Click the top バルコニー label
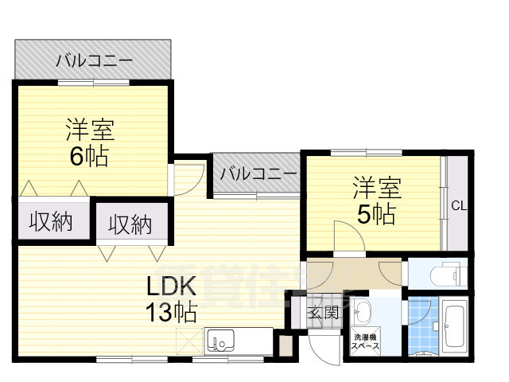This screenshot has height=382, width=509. pos(94,60)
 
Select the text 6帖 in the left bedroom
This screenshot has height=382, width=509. pos(89,156)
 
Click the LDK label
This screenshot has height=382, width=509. pos(170,285)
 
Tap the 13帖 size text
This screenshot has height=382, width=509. pos(170,312)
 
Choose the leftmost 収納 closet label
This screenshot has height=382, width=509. pos(51,223)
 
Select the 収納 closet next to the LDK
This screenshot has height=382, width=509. pos(130,225)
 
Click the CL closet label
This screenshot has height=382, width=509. pos(459,206)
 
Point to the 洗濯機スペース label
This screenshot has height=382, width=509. pos(367,344)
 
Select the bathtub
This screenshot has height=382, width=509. pos(455,327)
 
